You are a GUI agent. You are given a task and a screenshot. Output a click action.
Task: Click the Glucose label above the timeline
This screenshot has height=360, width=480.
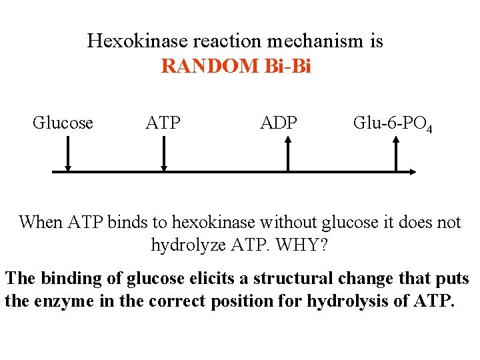(63, 123)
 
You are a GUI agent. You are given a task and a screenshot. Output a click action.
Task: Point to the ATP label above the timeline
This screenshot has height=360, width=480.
(163, 123)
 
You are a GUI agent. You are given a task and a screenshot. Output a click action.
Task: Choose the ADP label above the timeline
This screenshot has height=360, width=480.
(279, 123)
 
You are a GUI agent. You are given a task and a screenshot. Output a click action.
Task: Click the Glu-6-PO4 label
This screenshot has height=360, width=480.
(392, 124)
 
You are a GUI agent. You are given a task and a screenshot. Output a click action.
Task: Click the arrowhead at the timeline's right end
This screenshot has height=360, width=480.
(413, 171)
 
